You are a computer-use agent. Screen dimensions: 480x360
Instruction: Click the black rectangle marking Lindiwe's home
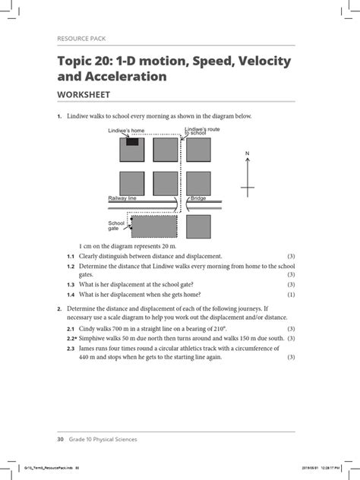pos(132,141)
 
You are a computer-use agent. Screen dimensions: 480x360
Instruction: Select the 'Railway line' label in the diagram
pos(122,197)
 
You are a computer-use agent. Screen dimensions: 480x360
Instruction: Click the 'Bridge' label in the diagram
pos(198,197)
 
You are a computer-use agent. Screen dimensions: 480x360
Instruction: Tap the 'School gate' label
pos(116,226)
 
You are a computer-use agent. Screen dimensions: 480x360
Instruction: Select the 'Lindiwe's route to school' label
pos(201,131)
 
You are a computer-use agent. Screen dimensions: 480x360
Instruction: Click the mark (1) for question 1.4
pos(291,295)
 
